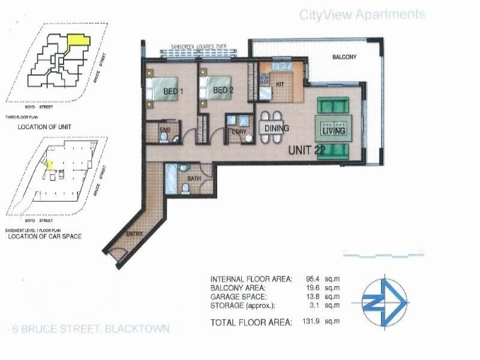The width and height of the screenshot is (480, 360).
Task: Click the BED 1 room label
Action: (x=173, y=91)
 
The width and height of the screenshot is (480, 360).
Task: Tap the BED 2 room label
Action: (x=223, y=91)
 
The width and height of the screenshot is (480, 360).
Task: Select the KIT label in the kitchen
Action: (x=280, y=85)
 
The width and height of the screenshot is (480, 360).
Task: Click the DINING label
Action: (x=276, y=128)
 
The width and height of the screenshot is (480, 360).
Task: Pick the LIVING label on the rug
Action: (x=334, y=131)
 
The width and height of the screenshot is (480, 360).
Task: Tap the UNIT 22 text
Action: (x=308, y=150)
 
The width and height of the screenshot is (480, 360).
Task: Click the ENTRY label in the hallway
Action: (x=134, y=235)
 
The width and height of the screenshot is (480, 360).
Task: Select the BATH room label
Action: (x=194, y=179)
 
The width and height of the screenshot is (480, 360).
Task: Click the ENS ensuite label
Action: (x=164, y=130)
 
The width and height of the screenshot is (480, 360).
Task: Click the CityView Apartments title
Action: (x=362, y=14)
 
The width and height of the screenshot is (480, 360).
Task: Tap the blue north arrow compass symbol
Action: (x=386, y=299)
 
